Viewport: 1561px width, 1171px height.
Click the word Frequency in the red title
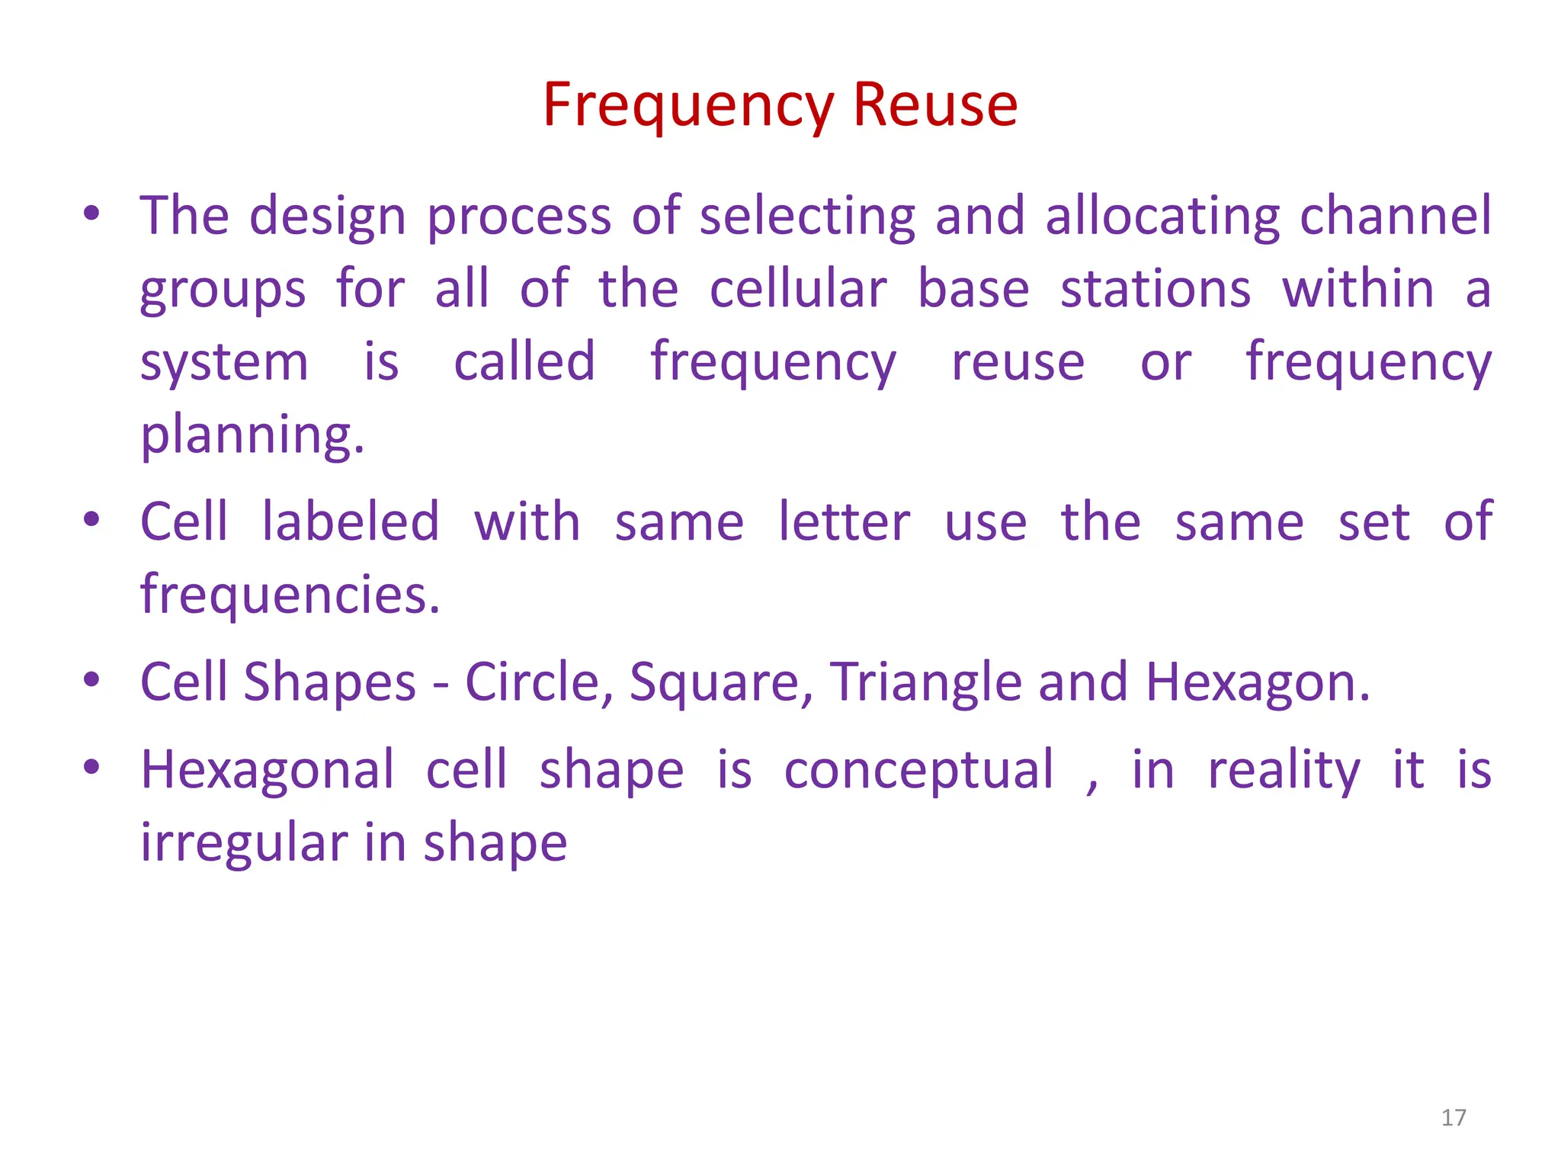[x=688, y=106]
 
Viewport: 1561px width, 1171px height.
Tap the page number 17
[x=1454, y=1118]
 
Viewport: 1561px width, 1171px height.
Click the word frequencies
[x=290, y=595]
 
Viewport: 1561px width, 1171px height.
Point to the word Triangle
[x=925, y=683]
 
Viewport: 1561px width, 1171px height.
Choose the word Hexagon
[x=1257, y=683]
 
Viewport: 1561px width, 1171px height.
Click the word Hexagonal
[x=268, y=771]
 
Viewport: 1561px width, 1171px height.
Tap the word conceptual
[x=919, y=771]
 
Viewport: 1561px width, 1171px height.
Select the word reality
[x=1284, y=771]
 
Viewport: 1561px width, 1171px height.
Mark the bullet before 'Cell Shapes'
[x=92, y=679]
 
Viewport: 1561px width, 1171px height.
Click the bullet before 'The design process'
[x=92, y=213]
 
